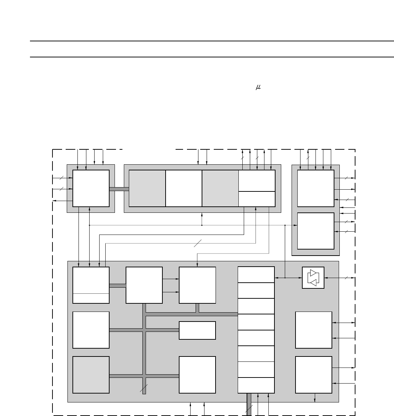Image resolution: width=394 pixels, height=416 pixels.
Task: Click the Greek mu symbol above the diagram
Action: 258,87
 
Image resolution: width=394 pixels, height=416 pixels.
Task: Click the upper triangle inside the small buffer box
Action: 313,273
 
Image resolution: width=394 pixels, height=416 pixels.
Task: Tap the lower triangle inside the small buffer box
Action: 313,283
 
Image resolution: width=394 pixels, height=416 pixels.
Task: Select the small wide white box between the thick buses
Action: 197,330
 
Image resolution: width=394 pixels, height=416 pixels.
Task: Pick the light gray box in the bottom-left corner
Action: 91,375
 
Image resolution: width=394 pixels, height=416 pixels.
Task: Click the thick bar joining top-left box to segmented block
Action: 119,189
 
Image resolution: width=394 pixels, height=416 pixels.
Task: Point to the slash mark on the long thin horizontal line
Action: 198,243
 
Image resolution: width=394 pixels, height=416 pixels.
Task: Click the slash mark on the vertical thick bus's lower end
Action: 144,388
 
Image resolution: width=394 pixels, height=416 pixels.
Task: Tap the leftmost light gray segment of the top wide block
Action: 147,188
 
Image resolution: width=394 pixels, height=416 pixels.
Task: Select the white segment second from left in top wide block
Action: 183,188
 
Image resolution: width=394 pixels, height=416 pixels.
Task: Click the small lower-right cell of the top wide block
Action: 257,199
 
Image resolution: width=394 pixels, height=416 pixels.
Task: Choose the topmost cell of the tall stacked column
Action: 256,274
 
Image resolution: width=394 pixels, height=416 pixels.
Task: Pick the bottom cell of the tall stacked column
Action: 256,385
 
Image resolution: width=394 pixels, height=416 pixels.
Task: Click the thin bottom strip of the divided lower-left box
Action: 91,298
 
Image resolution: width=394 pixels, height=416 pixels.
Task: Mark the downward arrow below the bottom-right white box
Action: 315,398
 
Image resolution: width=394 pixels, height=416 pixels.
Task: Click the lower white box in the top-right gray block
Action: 315,231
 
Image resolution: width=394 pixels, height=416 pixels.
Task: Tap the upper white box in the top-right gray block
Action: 315,188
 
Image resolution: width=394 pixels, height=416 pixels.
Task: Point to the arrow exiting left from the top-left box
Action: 62,201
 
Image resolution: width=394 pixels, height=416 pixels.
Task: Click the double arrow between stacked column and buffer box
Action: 288,278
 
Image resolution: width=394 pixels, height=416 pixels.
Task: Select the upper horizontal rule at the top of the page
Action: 212,41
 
